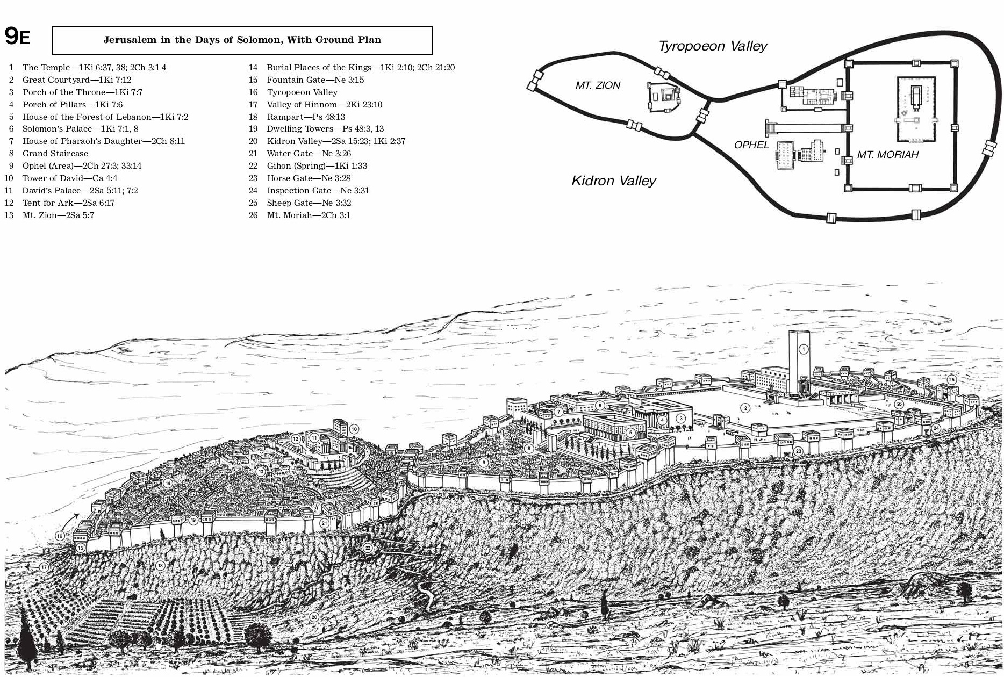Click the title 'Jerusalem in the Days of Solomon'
click(242, 40)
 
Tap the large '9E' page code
click(17, 37)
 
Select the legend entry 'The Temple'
click(94, 68)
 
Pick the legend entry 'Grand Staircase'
click(55, 154)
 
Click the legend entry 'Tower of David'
click(69, 178)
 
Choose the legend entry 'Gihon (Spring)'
click(317, 166)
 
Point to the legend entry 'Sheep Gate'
click(309, 203)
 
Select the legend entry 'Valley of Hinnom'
click(324, 105)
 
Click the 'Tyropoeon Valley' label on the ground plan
click(713, 46)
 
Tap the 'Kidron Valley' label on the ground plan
click(613, 181)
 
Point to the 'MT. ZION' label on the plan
click(598, 85)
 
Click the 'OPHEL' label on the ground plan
click(751, 145)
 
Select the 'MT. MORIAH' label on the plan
click(888, 155)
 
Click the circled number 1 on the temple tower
click(804, 349)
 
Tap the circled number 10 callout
click(354, 429)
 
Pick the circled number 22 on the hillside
click(368, 548)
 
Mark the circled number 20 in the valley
click(314, 617)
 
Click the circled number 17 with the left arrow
click(44, 567)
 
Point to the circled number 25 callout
click(951, 380)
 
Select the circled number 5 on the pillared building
click(630, 432)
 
